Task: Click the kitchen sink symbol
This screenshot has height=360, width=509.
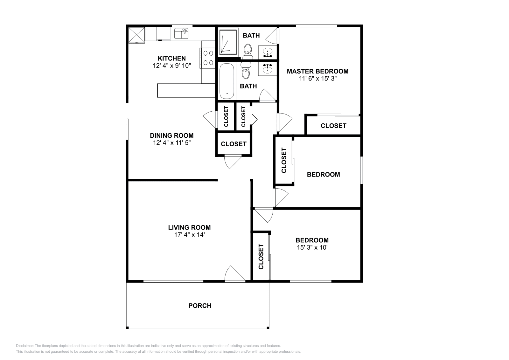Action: pos(182,33)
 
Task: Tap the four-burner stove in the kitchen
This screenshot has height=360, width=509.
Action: pos(208,58)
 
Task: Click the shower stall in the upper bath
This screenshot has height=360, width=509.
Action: pos(227,42)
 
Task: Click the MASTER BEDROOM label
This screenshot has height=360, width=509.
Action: pos(317,71)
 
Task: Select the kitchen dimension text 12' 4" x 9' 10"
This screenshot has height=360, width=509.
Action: pos(171,66)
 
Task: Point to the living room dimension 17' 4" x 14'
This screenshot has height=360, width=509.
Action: pos(189,235)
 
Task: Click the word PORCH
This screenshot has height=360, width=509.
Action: pos(200,306)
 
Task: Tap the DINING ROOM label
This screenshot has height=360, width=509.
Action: pos(171,135)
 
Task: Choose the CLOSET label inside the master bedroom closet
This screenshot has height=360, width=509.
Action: pos(333,126)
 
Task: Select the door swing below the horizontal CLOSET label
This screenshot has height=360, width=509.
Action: pos(233,162)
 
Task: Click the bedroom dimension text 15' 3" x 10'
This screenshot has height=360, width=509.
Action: pos(312,248)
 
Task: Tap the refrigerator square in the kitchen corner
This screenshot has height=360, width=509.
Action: pos(136,35)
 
